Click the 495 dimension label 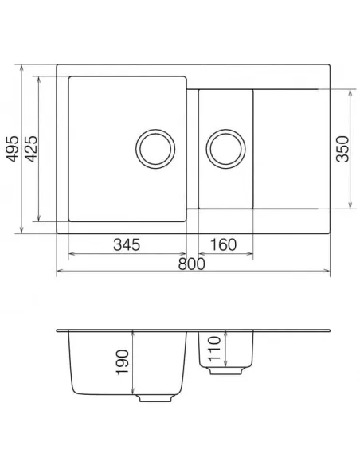(12, 148)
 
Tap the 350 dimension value (343, 149)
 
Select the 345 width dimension (127, 244)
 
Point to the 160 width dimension (224, 244)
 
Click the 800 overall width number (192, 264)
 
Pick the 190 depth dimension (123, 363)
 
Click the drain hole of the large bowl (154, 148)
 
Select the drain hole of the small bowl (225, 148)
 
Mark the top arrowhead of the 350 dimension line (350, 90)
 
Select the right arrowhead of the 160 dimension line (251, 255)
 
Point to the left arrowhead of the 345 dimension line (71, 255)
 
